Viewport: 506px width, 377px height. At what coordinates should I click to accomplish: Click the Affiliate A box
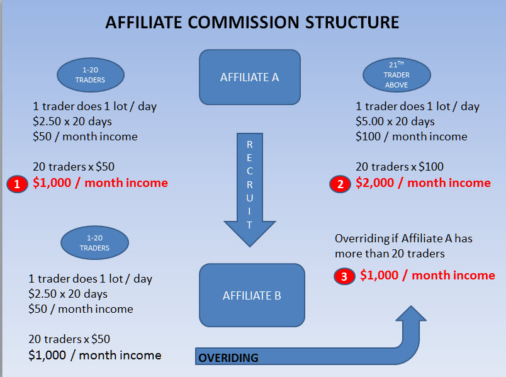click(x=250, y=77)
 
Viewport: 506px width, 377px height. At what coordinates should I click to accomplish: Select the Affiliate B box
click(x=252, y=295)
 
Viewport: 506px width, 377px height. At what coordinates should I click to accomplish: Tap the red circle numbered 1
click(x=17, y=184)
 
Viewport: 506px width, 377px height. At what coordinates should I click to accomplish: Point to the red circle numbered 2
click(x=340, y=184)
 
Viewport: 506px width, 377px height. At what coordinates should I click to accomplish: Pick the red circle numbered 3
click(x=344, y=276)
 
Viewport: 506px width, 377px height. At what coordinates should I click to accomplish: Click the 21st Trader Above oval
click(x=396, y=75)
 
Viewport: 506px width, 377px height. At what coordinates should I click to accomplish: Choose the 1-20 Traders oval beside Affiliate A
click(x=91, y=75)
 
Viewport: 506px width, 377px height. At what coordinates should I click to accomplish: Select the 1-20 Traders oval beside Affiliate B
click(x=94, y=243)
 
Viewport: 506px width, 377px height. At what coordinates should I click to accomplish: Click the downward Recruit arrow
click(x=250, y=190)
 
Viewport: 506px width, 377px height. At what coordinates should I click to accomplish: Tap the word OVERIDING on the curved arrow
click(x=228, y=357)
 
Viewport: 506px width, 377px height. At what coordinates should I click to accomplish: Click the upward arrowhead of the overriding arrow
click(x=411, y=313)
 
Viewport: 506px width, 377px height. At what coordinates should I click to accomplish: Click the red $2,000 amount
click(x=374, y=183)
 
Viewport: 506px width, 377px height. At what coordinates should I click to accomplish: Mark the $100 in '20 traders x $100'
click(x=431, y=167)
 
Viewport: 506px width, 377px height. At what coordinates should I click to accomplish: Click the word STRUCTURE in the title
click(x=352, y=23)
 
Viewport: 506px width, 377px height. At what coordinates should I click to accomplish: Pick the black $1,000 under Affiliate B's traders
click(x=47, y=355)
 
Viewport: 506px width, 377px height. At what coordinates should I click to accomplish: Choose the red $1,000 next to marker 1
click(x=52, y=183)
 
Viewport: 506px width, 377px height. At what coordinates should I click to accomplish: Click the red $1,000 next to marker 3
click(x=379, y=275)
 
